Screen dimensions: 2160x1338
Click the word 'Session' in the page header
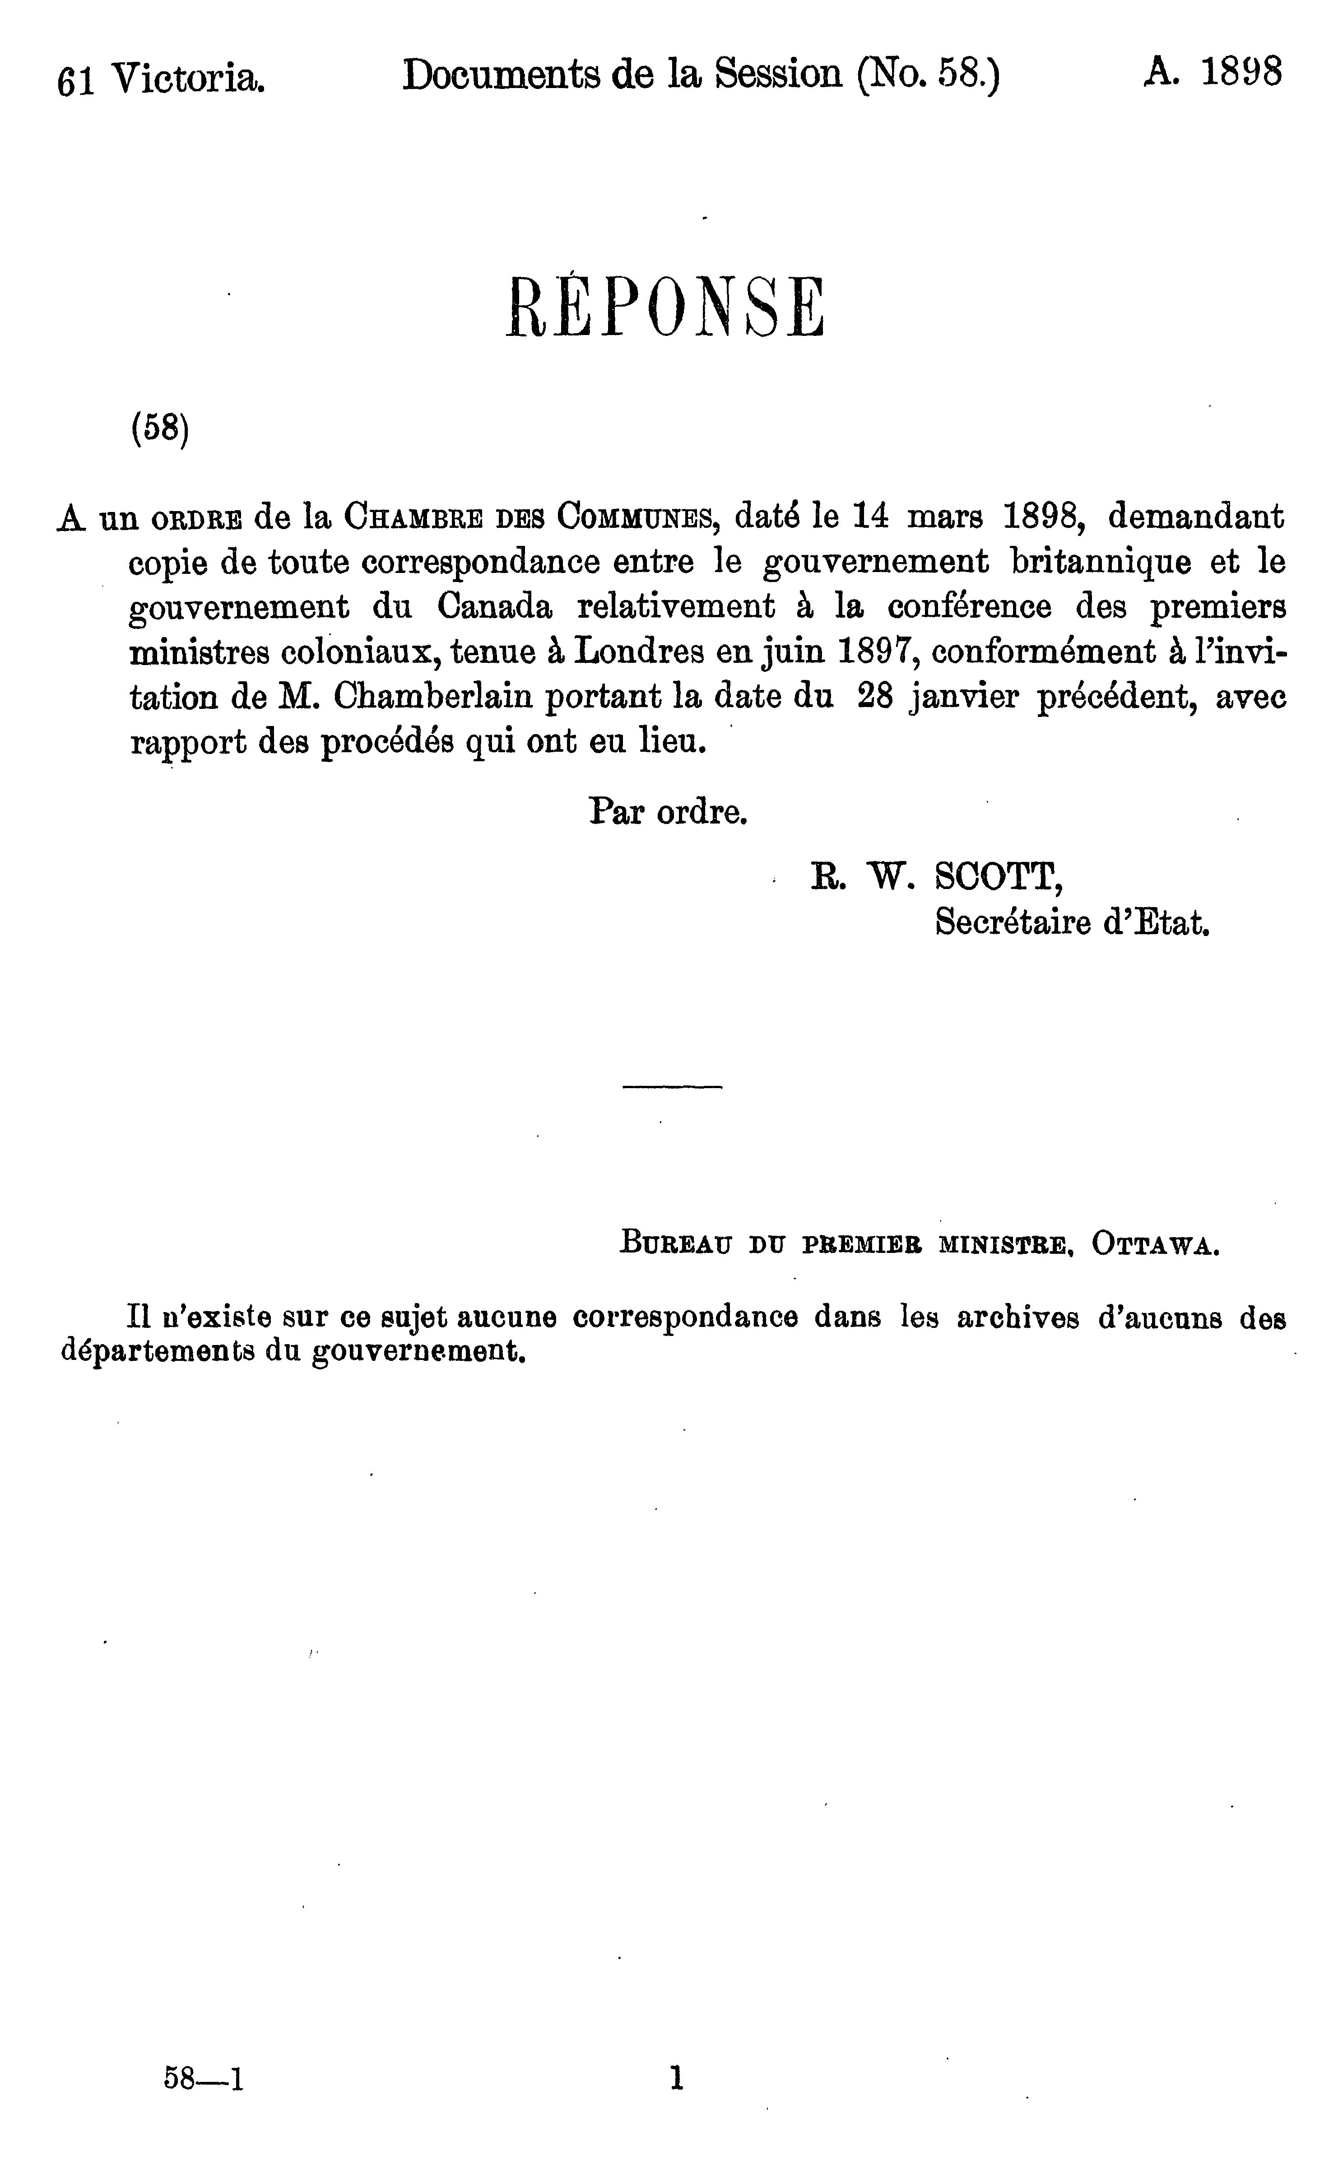coord(778,74)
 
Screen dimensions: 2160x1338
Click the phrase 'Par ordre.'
coord(668,811)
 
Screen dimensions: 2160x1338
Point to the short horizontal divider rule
coord(673,1087)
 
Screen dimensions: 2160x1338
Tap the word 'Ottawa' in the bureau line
coord(1155,1243)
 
